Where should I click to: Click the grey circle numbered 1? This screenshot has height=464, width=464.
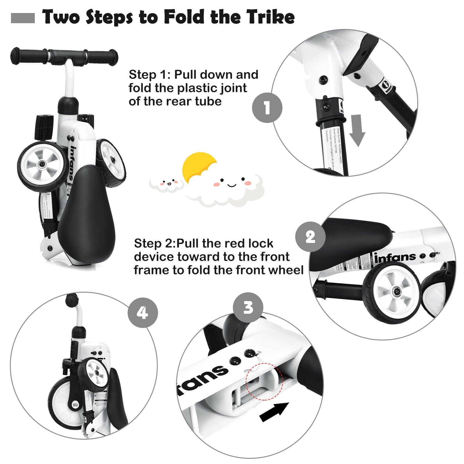267,108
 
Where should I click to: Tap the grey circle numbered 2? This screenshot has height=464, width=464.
310,237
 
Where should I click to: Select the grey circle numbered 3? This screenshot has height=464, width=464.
248,307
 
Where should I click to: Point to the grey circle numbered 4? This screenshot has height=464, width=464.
143,313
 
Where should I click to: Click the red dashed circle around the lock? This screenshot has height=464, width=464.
264,381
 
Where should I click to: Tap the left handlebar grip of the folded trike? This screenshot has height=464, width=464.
29,56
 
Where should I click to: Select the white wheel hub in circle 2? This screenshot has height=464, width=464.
396,291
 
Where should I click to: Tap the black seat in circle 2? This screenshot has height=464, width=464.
348,235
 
